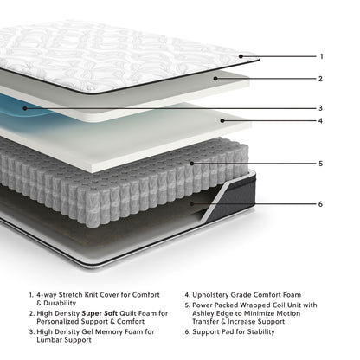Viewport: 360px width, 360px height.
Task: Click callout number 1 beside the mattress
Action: [x=321, y=56]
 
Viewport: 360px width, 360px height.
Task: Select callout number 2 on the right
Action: [x=321, y=79]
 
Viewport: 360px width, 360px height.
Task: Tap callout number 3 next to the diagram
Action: [x=321, y=108]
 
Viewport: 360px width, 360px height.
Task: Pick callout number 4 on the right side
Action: [x=321, y=120]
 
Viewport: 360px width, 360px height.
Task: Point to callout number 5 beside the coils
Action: [x=321, y=163]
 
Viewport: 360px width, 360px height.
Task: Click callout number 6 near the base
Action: [x=321, y=204]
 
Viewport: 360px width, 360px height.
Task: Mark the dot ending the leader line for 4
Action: [x=222, y=120]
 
